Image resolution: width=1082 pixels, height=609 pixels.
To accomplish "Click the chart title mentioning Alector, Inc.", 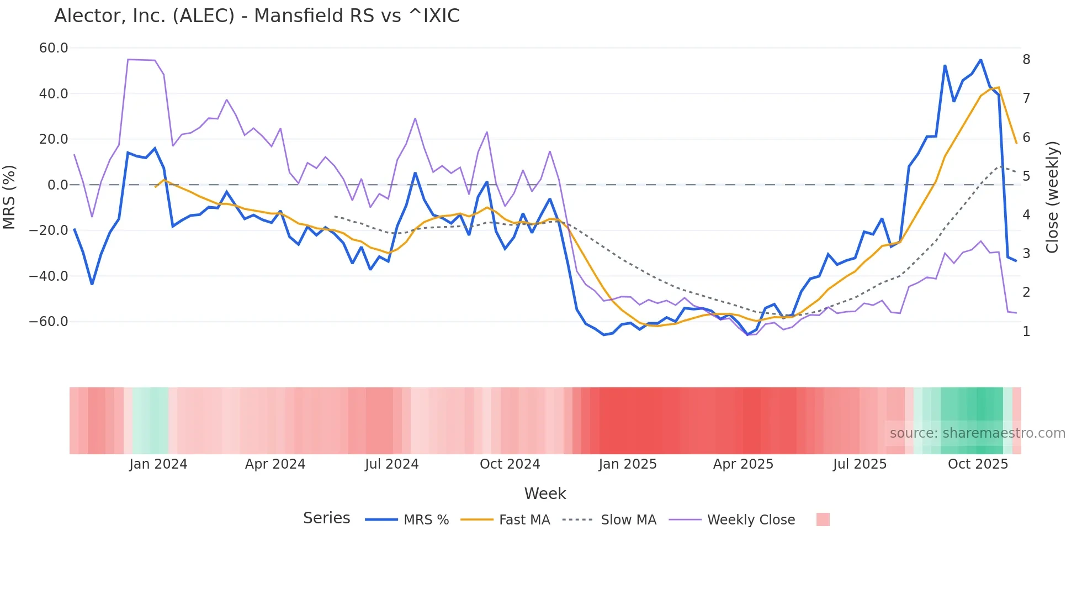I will (257, 16).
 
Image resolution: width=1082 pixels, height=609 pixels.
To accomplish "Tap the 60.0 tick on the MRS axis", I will (54, 48).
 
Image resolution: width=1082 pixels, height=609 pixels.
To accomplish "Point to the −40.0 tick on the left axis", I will (49, 276).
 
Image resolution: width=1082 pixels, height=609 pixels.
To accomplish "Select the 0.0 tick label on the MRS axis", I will (57, 185).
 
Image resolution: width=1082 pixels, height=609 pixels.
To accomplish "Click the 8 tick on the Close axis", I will (1026, 60).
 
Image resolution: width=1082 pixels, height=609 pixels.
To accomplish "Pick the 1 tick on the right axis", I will (1026, 332).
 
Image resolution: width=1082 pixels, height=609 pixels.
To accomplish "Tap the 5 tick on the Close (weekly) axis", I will (1026, 176).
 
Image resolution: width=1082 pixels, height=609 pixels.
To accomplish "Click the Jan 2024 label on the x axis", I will (158, 464).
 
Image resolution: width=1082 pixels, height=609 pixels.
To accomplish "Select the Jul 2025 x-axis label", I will (860, 464).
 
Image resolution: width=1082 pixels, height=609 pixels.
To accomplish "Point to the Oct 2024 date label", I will (510, 464).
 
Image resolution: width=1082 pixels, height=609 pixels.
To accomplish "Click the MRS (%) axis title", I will (9, 197).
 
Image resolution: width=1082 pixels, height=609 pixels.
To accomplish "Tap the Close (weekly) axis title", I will (1052, 197).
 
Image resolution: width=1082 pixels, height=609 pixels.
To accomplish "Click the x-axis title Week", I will (545, 494).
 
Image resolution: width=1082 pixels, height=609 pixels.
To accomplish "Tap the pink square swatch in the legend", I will (823, 519).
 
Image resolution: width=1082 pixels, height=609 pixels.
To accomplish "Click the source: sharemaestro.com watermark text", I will (977, 433).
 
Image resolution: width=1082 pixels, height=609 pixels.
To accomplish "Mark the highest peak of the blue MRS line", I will (980, 60).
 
